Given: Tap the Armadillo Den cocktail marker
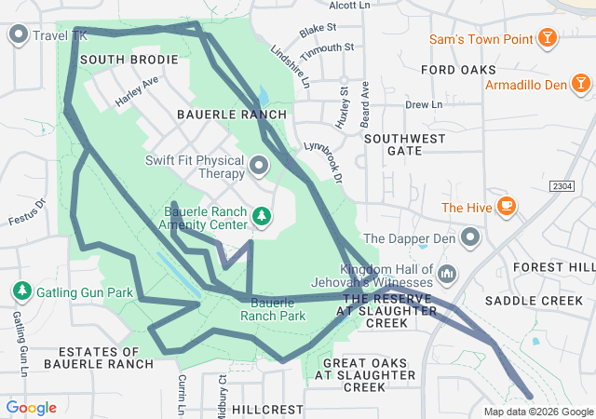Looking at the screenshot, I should coord(580,85).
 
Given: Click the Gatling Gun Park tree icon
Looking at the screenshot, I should coord(20,291).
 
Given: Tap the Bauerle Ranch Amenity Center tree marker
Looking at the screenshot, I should coord(263,217).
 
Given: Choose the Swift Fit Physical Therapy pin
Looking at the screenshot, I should coord(259,167).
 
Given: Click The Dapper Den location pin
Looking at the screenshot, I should coord(470,238).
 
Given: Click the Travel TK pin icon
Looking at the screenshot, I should coord(18,35).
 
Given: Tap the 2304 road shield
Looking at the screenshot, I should coord(562,186).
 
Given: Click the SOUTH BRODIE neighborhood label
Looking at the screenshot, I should coord(129,60).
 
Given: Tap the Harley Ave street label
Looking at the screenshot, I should coord(137,93).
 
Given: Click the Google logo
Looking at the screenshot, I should coord(31,408).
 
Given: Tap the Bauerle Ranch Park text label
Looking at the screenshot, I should coord(273,309).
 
